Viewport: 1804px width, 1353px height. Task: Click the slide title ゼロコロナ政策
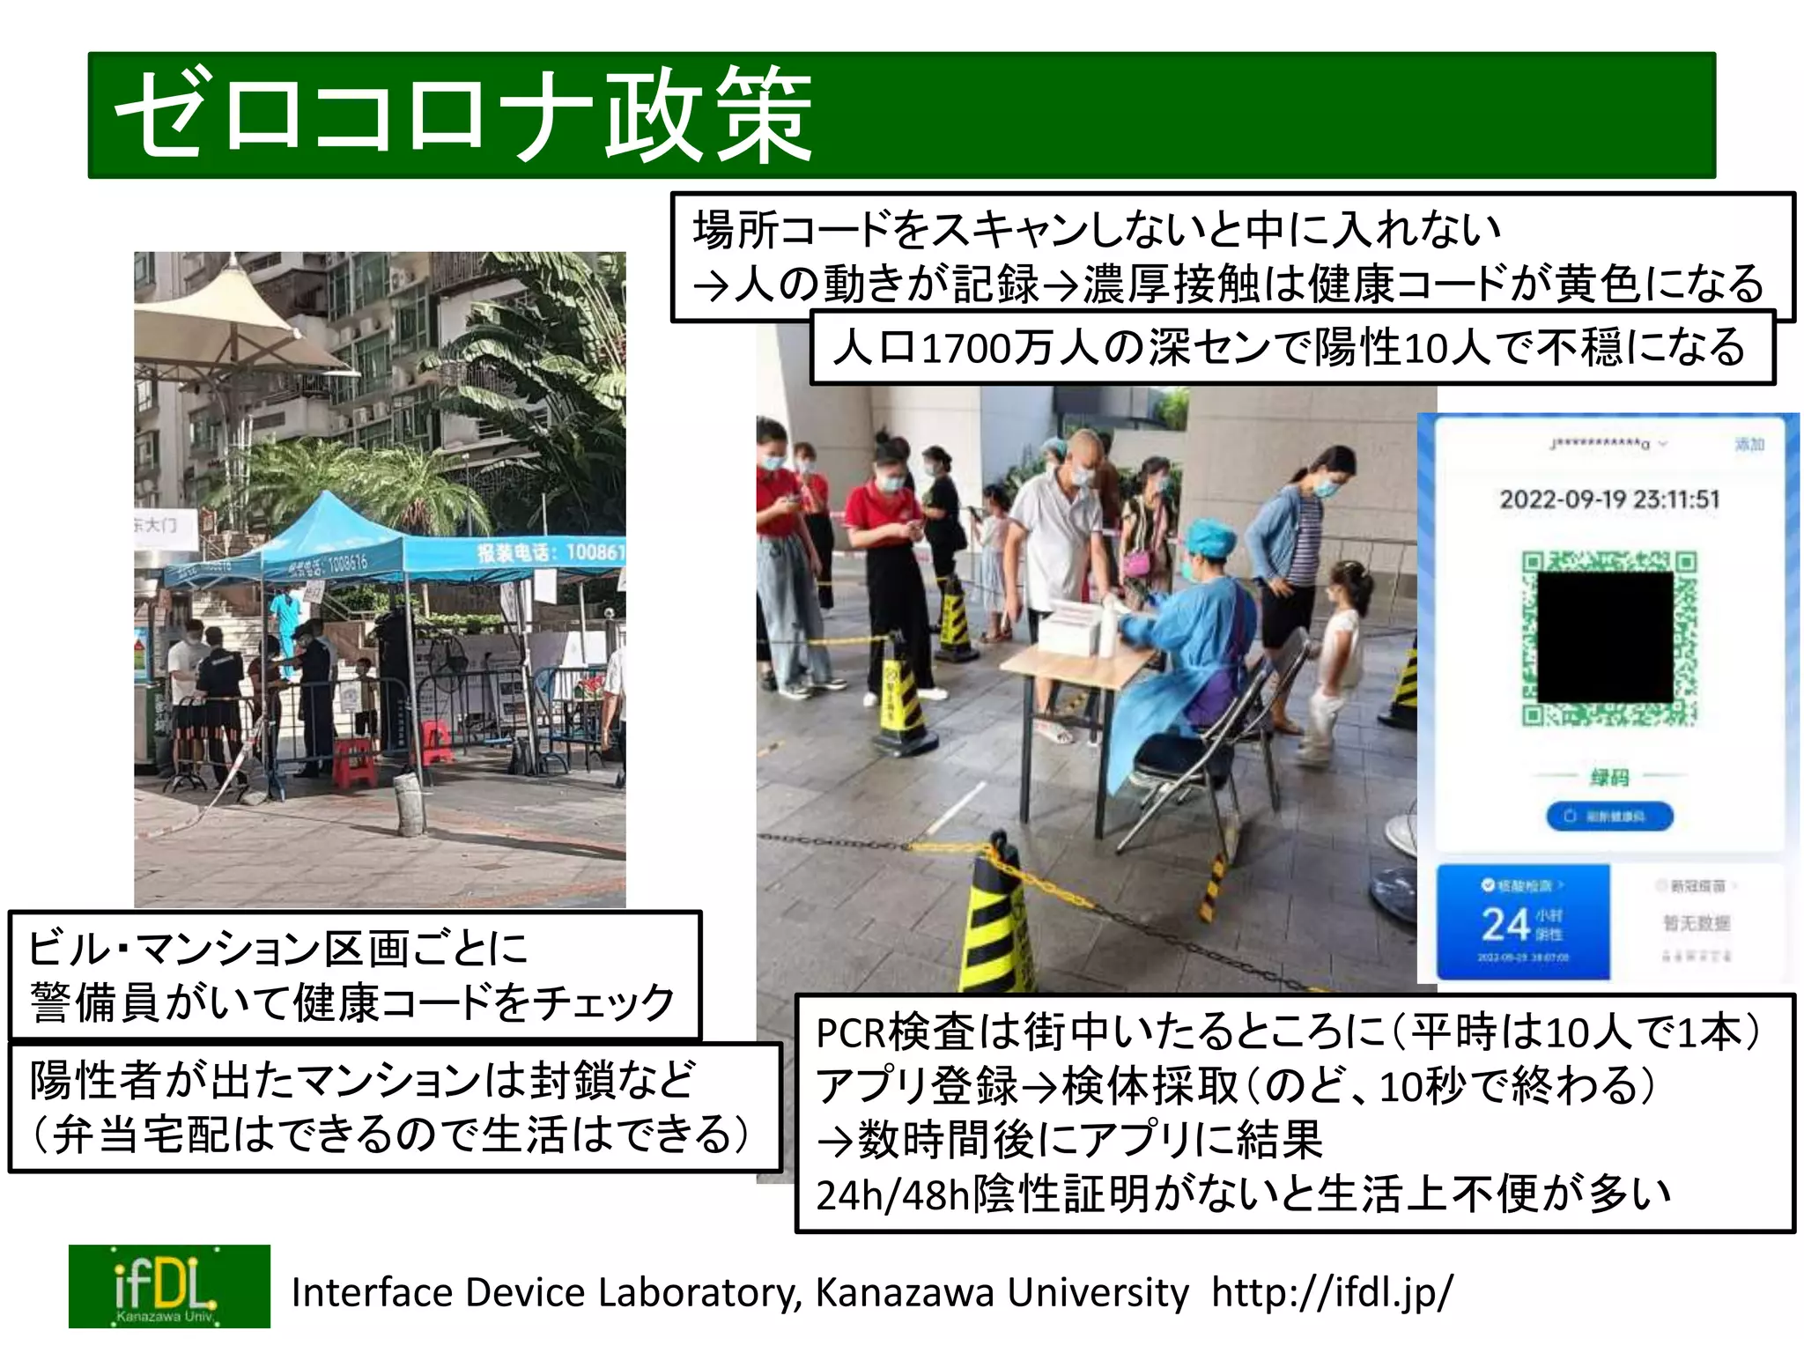coord(463,116)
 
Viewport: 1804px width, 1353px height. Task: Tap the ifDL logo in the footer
coord(169,1286)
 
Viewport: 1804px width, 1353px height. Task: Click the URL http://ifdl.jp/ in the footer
coord(1332,1292)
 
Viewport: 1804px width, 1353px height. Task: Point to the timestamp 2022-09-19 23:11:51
coord(1609,499)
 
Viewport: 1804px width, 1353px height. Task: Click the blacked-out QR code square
coord(1604,636)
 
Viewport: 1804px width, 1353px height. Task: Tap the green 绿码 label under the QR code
coord(1609,777)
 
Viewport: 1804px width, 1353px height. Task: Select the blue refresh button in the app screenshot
coord(1609,817)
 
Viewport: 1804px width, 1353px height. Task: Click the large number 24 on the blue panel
coord(1505,925)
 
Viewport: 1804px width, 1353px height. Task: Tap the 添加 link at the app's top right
coord(1749,444)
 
